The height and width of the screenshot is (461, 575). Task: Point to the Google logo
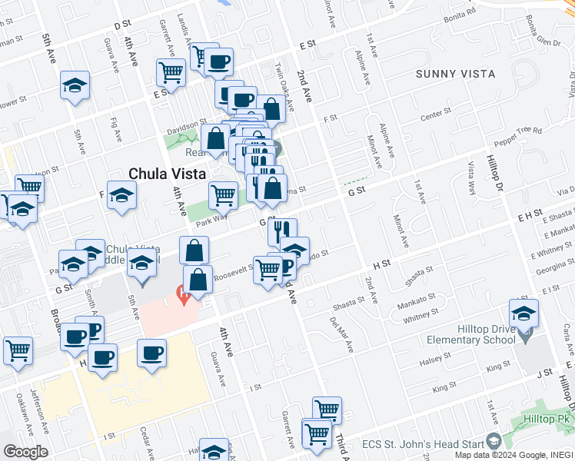(x=25, y=452)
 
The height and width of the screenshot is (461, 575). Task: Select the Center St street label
(x=436, y=114)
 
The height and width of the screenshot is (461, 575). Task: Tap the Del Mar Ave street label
(x=342, y=335)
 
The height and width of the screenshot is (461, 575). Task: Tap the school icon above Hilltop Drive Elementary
(x=523, y=314)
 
